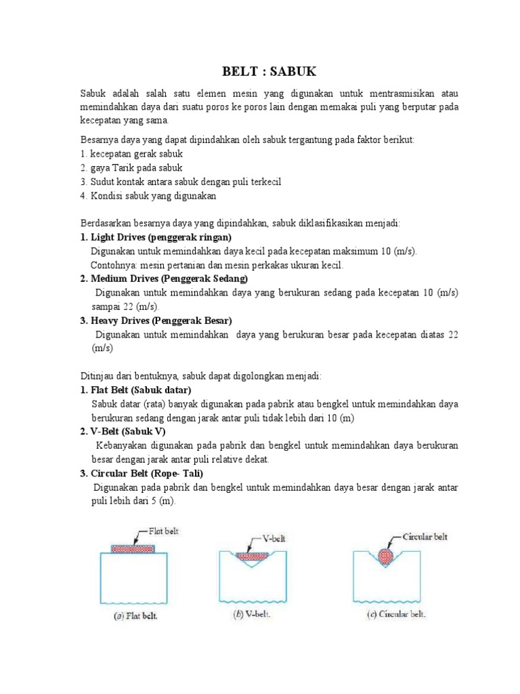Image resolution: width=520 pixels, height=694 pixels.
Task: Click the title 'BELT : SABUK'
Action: click(269, 71)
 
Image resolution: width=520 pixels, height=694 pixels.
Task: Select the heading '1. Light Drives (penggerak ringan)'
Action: click(156, 237)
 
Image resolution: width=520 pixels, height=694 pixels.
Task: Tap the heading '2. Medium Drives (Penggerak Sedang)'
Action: click(164, 279)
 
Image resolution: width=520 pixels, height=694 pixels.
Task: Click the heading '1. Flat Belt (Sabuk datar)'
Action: click(135, 390)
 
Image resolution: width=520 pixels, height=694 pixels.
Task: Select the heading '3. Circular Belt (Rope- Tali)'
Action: click(142, 473)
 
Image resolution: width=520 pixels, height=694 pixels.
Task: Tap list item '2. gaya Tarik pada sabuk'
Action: click(131, 167)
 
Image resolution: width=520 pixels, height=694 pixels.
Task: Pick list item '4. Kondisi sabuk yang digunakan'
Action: click(148, 195)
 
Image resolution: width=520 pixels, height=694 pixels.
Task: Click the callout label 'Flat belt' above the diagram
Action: click(163, 531)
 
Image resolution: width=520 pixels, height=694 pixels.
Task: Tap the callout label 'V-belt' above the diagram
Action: click(276, 540)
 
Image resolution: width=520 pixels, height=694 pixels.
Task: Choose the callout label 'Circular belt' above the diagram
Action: click(425, 537)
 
